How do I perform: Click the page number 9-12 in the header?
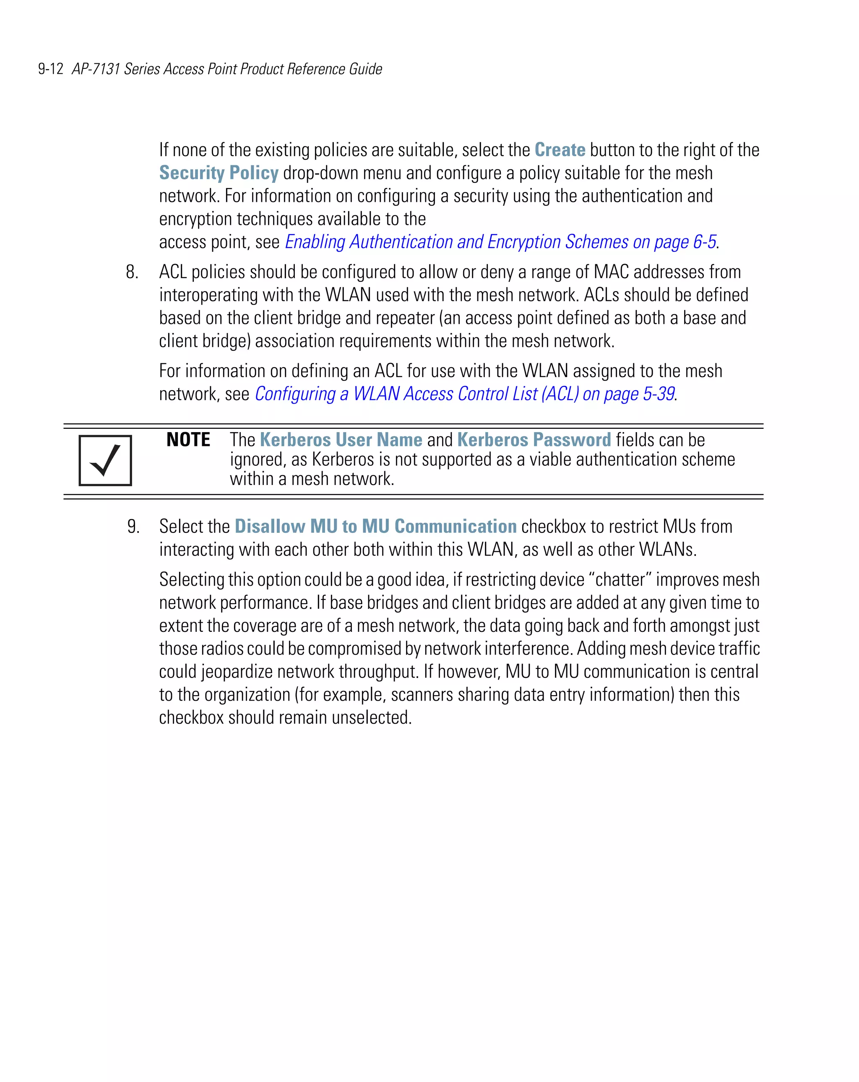(51, 69)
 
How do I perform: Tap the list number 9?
(133, 527)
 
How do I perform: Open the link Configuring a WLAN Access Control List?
(464, 394)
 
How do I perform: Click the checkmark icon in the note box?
(105, 460)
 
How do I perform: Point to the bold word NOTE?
(188, 440)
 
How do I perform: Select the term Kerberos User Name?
(341, 440)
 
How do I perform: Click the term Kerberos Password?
(534, 440)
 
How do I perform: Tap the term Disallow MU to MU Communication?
(375, 527)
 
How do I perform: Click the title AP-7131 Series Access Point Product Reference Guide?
(227, 69)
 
